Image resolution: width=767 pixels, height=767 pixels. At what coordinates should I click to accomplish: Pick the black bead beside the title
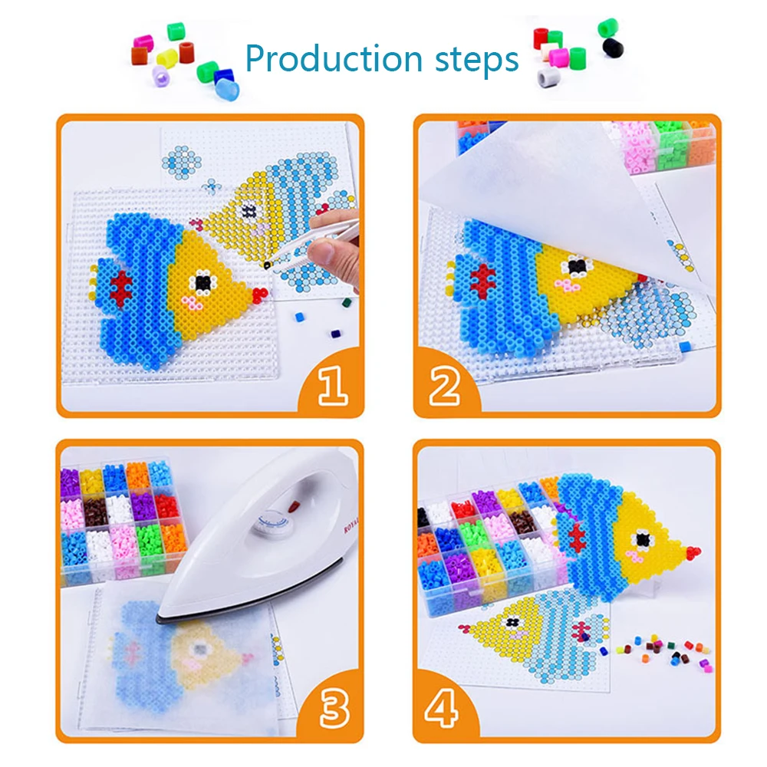click(x=612, y=48)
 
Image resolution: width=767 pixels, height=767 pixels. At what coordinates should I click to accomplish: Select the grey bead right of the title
click(x=546, y=77)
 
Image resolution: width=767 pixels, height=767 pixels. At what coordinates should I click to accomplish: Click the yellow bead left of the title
click(x=167, y=58)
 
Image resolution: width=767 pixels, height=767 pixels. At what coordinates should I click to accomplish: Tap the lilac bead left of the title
click(x=160, y=75)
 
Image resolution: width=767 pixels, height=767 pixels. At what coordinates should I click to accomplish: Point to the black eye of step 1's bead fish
click(x=202, y=282)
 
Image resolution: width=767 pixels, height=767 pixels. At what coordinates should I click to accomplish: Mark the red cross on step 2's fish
click(x=482, y=281)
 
